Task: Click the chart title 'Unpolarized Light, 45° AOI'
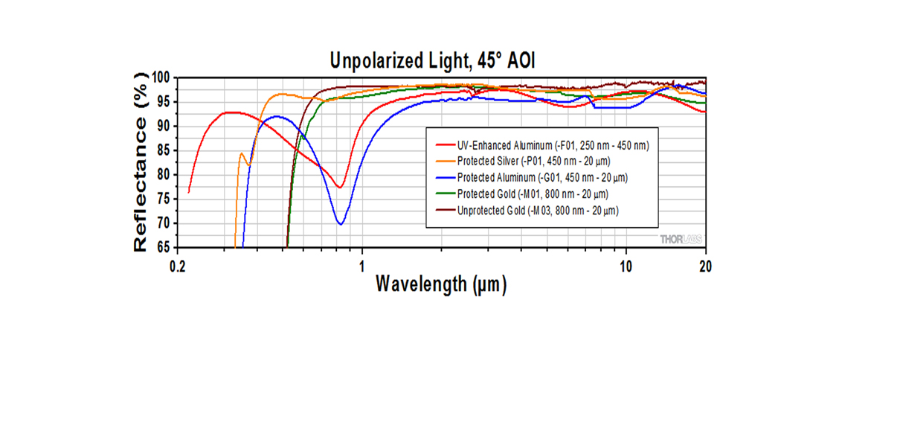432,60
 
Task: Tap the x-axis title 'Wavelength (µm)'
440,284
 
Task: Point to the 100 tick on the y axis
161,77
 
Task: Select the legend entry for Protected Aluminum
544,178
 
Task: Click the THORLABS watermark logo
680,238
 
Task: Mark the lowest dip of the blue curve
341,223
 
